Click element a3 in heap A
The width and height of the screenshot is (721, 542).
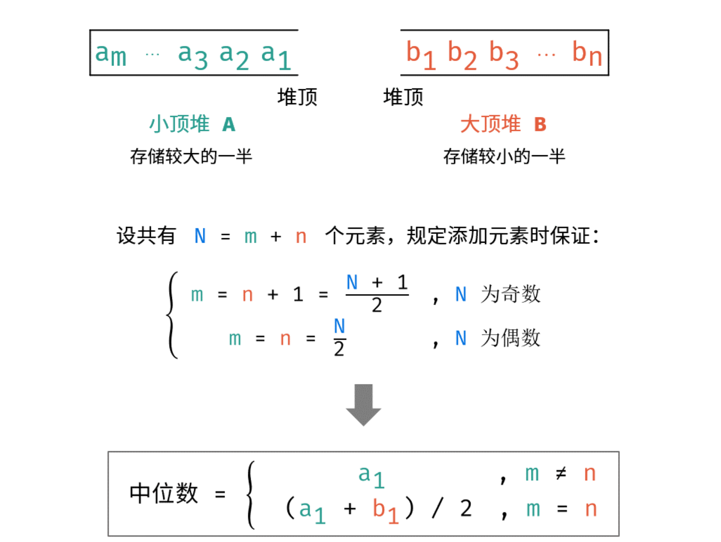click(192, 56)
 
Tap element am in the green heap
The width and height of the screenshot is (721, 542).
click(111, 54)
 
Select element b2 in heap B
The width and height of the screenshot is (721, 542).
click(462, 55)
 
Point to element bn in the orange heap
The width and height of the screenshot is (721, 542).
click(587, 54)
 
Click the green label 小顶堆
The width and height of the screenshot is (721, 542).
click(180, 124)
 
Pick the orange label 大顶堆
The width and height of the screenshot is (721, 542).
click(490, 124)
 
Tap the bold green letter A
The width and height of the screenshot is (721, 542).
click(229, 125)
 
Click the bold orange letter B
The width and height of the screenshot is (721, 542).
click(540, 125)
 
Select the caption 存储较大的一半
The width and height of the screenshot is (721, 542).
click(191, 156)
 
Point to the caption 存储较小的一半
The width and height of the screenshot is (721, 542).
click(504, 156)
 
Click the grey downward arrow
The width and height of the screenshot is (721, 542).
click(363, 404)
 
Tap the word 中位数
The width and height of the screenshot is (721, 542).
click(164, 493)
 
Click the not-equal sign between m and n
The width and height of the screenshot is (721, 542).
click(561, 474)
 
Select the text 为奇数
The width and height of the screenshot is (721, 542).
click(510, 294)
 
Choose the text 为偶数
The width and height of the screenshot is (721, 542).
click(510, 338)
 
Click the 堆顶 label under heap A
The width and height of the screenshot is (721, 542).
click(297, 97)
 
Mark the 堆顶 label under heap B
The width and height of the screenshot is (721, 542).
click(403, 97)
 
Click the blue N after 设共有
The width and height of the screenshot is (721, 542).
click(200, 236)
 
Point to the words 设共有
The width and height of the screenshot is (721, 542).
click(146, 236)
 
